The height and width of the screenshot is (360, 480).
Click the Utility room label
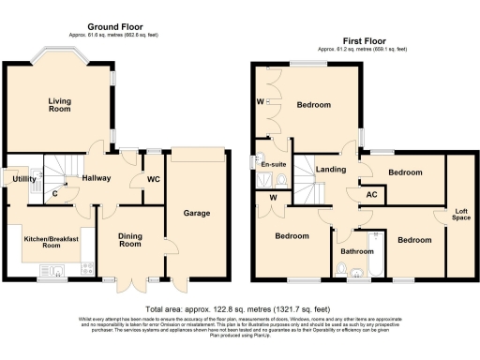pos(23,177)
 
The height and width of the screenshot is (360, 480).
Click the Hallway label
pos(97,177)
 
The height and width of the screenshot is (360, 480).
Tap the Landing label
pos(329,170)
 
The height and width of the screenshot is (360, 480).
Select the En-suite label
pos(273,165)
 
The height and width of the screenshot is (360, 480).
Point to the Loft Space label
pos(461,214)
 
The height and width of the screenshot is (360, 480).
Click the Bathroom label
pos(357,251)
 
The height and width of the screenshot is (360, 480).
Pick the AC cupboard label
pos(371,194)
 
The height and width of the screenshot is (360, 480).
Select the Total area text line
pos(240,307)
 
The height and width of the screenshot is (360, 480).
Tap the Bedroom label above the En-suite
pos(314,105)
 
